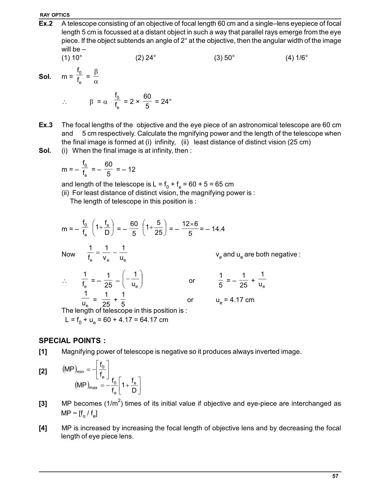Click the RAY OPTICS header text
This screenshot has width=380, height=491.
(x=55, y=15)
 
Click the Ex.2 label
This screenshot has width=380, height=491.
(x=46, y=24)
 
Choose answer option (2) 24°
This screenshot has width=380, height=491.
(x=145, y=58)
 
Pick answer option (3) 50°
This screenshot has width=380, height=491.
(x=224, y=58)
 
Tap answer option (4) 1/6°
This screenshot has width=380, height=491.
(x=296, y=58)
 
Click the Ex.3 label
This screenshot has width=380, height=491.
(x=46, y=125)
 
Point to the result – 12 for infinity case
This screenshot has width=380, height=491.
(x=129, y=170)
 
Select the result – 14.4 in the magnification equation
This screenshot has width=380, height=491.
(x=215, y=229)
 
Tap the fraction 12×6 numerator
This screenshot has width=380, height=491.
(x=190, y=224)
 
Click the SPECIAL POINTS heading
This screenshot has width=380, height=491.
(x=72, y=341)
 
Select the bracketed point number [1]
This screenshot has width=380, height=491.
(x=43, y=352)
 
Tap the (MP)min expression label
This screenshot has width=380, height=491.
(x=73, y=370)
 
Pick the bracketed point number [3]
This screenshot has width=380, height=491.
(x=43, y=404)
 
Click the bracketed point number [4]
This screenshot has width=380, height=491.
(x=43, y=428)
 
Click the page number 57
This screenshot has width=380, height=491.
(x=335, y=476)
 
